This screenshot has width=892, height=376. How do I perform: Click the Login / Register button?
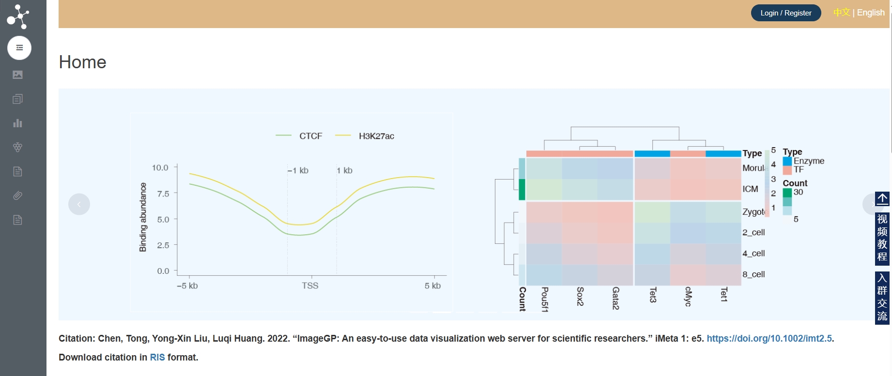coord(785,13)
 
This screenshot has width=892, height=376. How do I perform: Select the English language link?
coord(871,13)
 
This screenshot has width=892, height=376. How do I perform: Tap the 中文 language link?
coord(841,13)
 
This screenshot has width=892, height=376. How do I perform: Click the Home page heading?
coord(82,62)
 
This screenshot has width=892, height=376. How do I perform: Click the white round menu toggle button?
coord(19,48)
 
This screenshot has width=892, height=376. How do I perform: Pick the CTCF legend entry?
coord(310,136)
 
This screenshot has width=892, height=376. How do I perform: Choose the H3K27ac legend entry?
coord(376,136)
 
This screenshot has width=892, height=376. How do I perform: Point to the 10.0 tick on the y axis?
coord(160,168)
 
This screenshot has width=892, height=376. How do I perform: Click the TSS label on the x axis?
coord(310,286)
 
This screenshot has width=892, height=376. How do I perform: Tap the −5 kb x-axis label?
coord(187,286)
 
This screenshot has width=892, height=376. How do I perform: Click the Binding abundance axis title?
coord(143,217)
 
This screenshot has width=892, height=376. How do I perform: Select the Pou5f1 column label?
coord(545,299)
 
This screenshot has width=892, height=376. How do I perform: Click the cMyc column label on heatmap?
coord(688,296)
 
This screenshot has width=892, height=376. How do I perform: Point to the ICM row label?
coord(750,189)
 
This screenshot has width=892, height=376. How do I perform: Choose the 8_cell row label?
coord(754,274)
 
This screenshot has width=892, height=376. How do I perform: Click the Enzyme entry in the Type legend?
coord(808,161)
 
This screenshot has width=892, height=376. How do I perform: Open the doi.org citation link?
coord(769,339)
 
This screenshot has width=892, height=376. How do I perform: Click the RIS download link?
coord(157,358)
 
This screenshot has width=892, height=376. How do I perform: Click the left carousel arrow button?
coord(79,204)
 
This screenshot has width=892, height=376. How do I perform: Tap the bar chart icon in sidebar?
coord(18,123)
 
